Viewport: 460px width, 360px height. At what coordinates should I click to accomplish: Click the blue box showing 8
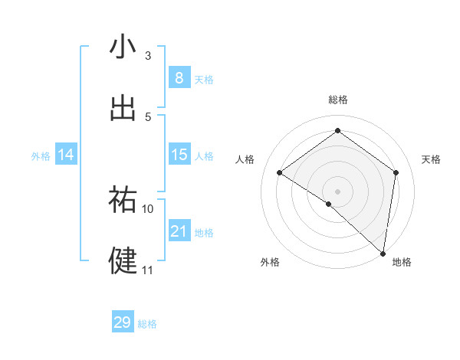[x=179, y=77]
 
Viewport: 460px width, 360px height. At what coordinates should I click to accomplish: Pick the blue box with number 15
[x=179, y=155]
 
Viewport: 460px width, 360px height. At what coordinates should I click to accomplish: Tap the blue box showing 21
[x=179, y=231]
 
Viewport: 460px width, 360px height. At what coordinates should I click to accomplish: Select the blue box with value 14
[x=66, y=155]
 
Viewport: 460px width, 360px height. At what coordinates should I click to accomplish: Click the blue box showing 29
[x=123, y=322]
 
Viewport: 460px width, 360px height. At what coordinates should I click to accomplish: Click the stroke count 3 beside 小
[x=148, y=56]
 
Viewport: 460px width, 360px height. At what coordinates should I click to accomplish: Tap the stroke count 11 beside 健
[x=148, y=270]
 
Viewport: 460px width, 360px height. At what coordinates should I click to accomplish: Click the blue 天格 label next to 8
[x=204, y=80]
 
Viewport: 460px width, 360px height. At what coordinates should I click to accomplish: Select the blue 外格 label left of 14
[x=41, y=156]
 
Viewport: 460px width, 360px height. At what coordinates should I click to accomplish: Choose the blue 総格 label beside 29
[x=148, y=324]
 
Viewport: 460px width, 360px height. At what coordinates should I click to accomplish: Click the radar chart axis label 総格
[x=338, y=100]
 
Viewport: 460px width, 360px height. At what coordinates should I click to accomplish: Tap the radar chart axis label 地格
[x=402, y=262]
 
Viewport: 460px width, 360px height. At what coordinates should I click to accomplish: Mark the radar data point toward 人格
[x=280, y=173]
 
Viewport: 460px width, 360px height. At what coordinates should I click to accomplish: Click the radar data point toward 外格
[x=329, y=204]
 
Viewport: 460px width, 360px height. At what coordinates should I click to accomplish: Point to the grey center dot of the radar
[x=338, y=191]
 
